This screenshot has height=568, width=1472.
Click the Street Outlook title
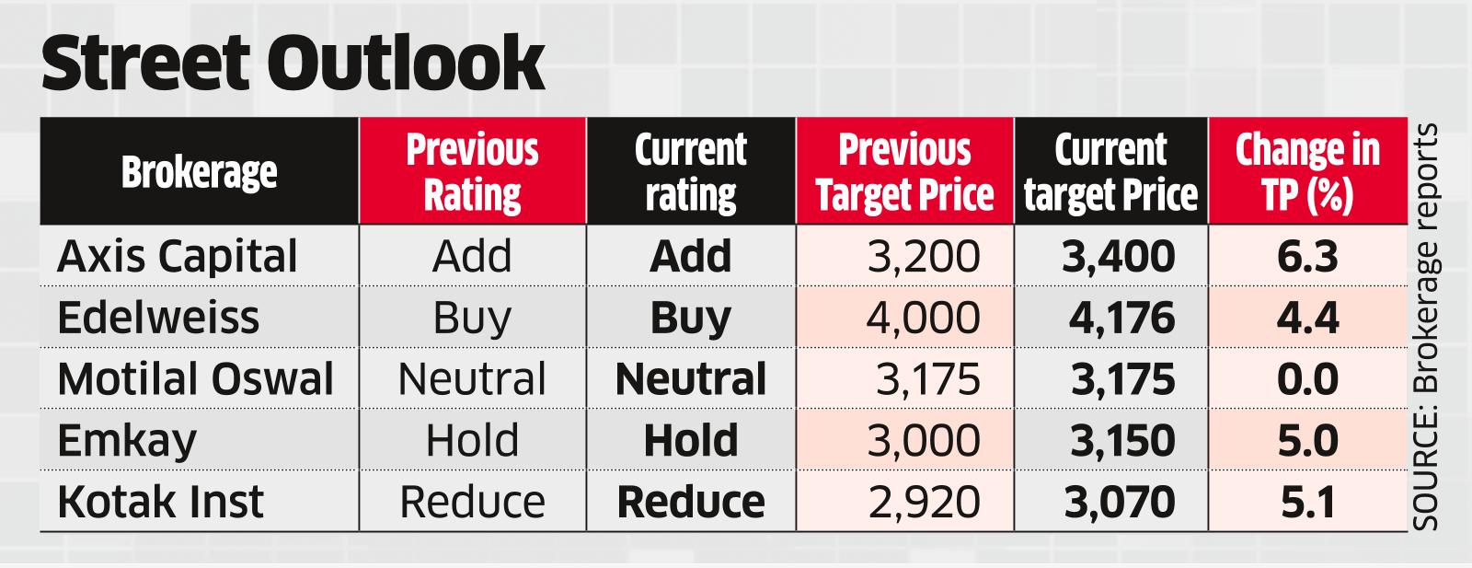tap(293, 64)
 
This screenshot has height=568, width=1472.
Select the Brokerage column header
tap(199, 172)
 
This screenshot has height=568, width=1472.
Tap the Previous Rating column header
tap(472, 172)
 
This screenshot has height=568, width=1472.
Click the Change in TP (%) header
tap(1307, 172)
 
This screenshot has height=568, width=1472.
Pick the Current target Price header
tap(1110, 172)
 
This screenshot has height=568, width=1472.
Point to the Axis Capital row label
tap(178, 256)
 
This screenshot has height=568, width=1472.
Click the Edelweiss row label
tap(158, 318)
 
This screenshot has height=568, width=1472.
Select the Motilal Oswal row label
tap(195, 379)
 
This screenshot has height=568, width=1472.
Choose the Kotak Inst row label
tap(160, 502)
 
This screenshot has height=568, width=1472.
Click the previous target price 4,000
tap(923, 318)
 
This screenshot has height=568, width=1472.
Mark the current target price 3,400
tap(1118, 256)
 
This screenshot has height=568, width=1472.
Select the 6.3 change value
tap(1307, 256)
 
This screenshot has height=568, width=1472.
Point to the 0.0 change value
tap(1307, 379)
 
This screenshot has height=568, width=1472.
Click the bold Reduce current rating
tap(691, 502)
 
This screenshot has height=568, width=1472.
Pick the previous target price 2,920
tap(923, 502)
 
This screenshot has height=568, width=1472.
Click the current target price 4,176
tap(1121, 318)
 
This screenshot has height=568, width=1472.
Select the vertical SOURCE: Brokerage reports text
tap(1425, 327)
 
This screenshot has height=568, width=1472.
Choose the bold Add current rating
tap(691, 256)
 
